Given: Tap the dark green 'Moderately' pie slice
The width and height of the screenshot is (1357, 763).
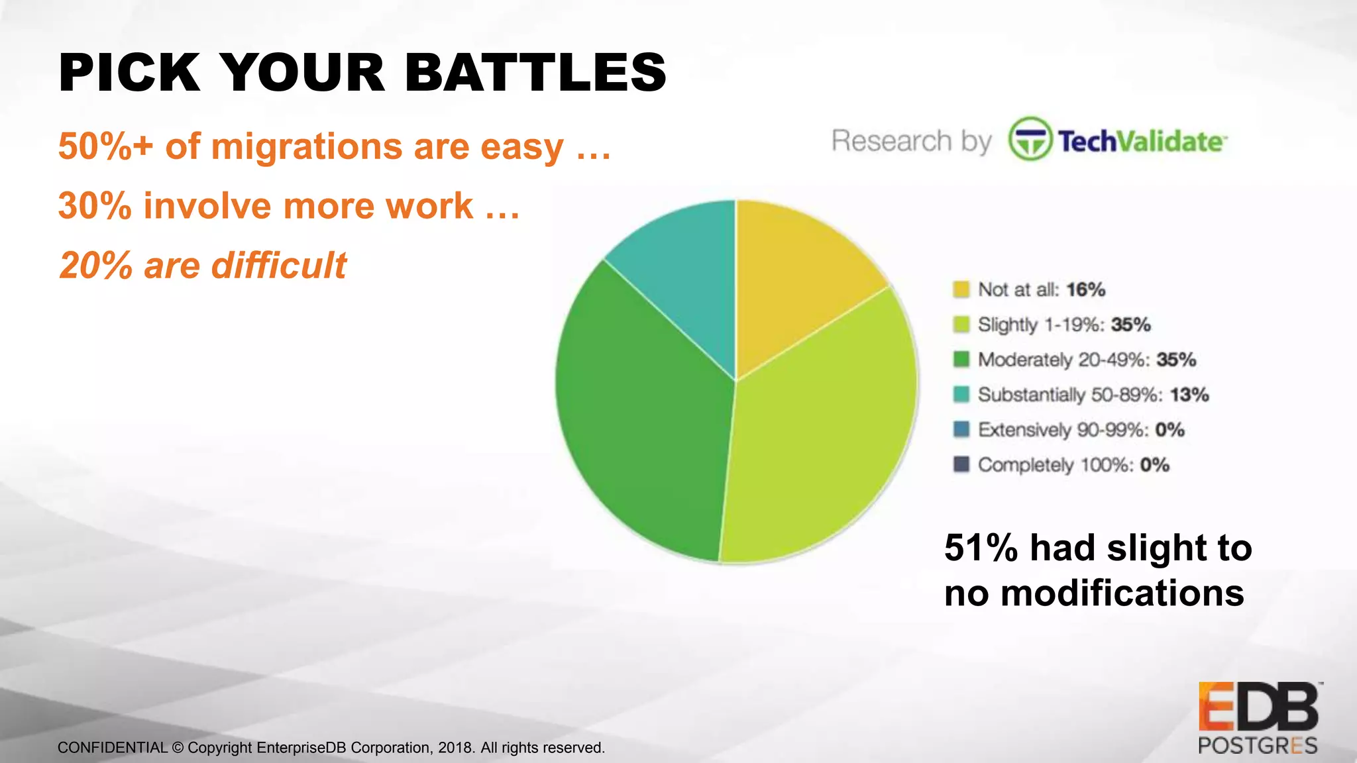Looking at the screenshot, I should [643, 411].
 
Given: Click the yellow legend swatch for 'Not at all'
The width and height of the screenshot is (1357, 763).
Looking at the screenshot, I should [961, 289].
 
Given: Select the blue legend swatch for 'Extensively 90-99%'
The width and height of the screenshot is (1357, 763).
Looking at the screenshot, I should [961, 429].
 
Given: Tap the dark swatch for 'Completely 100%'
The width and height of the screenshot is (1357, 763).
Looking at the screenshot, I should [961, 464].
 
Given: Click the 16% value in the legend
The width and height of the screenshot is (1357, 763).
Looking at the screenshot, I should [1085, 289].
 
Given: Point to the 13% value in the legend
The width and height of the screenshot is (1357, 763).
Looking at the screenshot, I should [1189, 395].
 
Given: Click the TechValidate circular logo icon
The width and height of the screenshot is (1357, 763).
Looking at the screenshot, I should [1029, 139].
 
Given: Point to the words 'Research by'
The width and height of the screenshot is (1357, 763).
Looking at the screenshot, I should [911, 141].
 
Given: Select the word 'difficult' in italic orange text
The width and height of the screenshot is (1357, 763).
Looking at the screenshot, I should [278, 266].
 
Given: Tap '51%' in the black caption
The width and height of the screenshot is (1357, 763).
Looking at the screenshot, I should [981, 548].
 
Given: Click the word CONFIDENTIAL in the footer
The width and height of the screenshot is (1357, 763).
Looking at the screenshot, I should [112, 748].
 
